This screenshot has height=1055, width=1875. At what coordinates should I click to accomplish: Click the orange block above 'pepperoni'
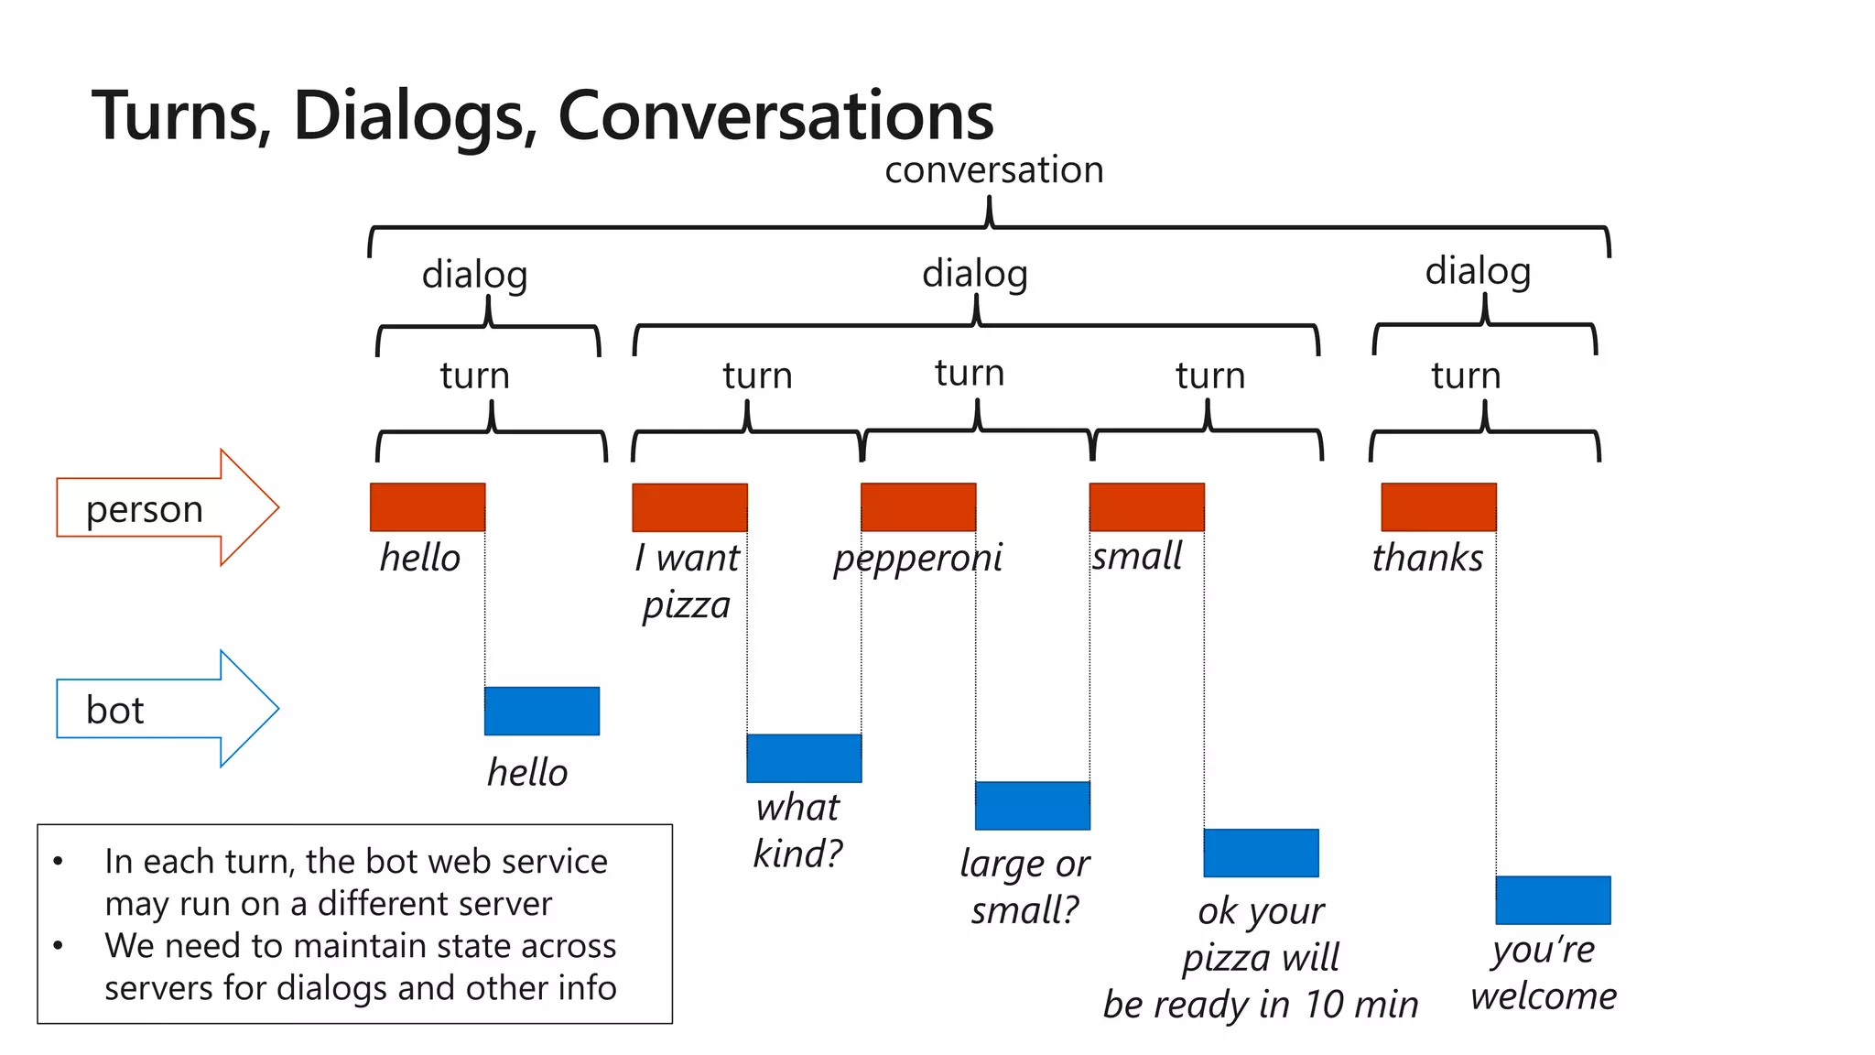(918, 507)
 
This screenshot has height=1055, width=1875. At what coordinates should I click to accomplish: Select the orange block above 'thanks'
(1438, 507)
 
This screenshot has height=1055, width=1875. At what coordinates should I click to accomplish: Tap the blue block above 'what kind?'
(804, 758)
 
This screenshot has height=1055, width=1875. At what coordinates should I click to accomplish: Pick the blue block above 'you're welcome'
(1553, 900)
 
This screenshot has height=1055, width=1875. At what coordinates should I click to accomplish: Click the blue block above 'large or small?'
(1032, 806)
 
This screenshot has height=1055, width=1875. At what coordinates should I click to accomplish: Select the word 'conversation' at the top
(993, 170)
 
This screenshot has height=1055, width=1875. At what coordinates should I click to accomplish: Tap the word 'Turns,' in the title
(182, 116)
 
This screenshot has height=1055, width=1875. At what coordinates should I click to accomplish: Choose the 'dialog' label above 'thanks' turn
(1478, 271)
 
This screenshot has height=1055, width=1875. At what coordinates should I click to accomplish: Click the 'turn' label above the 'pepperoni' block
(970, 373)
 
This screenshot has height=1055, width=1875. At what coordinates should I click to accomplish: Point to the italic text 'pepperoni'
(917, 558)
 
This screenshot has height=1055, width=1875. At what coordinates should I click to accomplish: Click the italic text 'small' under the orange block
(1137, 556)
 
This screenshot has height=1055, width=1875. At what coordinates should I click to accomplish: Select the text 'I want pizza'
(687, 581)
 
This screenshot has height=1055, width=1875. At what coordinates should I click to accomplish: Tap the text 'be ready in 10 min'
(1261, 1005)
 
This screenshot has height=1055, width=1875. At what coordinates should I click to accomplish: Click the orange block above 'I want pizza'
(689, 507)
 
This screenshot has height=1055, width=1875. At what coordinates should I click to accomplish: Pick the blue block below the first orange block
(542, 711)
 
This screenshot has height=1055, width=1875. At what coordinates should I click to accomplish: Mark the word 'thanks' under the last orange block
(1427, 558)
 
